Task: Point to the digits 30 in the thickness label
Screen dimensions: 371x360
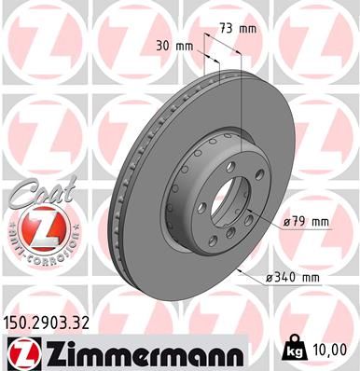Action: click(162, 46)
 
